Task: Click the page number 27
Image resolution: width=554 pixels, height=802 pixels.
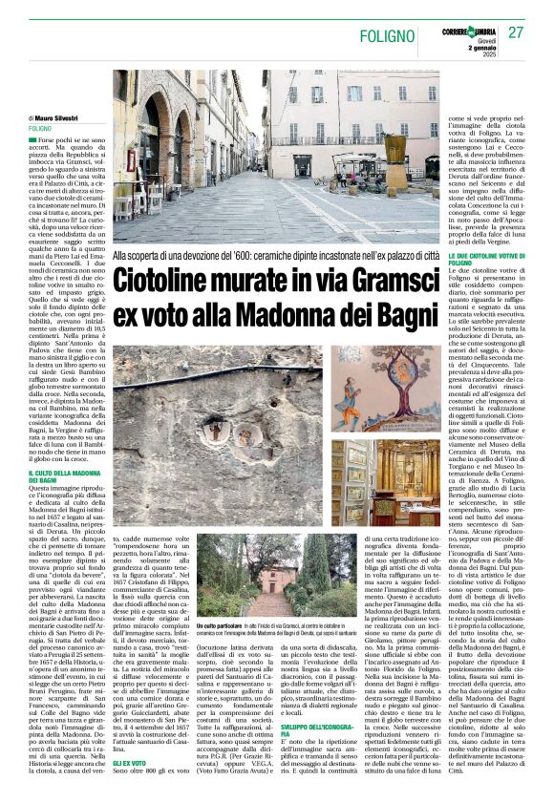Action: pyautogui.click(x=516, y=32)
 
